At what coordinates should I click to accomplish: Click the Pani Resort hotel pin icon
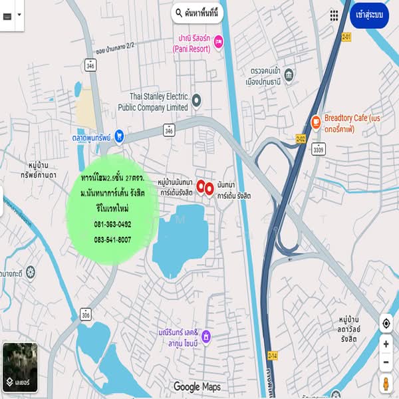pyautogui.click(x=219, y=43)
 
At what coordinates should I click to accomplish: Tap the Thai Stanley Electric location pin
pyautogui.click(x=197, y=100)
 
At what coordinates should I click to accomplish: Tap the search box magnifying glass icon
pyautogui.click(x=178, y=13)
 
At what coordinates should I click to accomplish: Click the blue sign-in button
pyautogui.click(x=369, y=14)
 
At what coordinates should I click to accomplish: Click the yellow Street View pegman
pyautogui.click(x=386, y=384)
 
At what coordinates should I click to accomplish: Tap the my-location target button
pyautogui.click(x=386, y=324)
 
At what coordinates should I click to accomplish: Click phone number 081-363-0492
pyautogui.click(x=112, y=225)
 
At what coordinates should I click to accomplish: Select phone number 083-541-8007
pyautogui.click(x=112, y=239)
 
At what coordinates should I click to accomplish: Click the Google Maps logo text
pyautogui.click(x=197, y=386)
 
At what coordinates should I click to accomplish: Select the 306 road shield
pyautogui.click(x=85, y=315)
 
